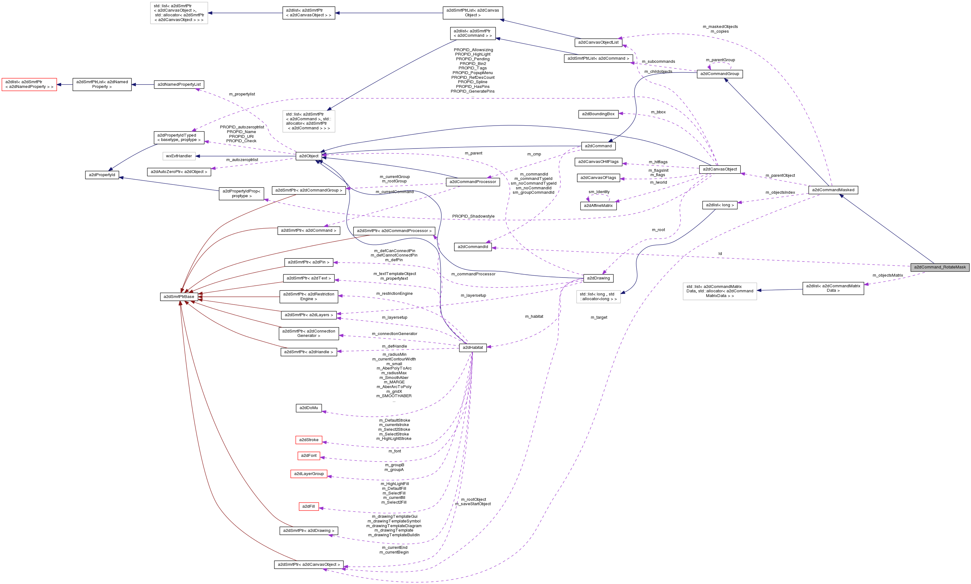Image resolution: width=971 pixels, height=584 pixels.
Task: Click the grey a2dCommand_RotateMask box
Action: pyautogui.click(x=940, y=267)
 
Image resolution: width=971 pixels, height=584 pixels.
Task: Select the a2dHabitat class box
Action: pyautogui.click(x=472, y=348)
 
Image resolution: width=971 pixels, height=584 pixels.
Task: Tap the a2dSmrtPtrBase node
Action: pyautogui.click(x=179, y=297)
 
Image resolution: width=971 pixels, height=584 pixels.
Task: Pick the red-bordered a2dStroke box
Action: pyautogui.click(x=309, y=440)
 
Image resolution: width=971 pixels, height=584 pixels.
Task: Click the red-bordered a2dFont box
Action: pyautogui.click(x=309, y=456)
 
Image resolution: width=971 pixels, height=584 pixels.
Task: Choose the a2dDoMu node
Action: pyautogui.click(x=309, y=408)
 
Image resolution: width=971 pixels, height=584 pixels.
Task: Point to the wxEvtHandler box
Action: pyautogui.click(x=179, y=156)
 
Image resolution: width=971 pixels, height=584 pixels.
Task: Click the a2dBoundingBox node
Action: pyautogui.click(x=598, y=114)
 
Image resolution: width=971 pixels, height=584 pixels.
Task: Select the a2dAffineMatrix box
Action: pyautogui.click(x=598, y=206)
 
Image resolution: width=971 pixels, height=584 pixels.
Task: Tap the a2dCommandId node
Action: pyautogui.click(x=472, y=247)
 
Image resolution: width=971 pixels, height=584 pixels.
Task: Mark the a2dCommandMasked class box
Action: pyautogui.click(x=833, y=190)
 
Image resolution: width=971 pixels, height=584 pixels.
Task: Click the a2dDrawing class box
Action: pyautogui.click(x=598, y=278)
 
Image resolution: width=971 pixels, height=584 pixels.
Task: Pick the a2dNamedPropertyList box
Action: pyautogui.click(x=179, y=84)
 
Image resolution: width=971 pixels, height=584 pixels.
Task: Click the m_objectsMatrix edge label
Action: pyautogui.click(x=887, y=275)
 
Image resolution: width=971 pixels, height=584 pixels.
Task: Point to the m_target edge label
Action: pyautogui.click(x=598, y=317)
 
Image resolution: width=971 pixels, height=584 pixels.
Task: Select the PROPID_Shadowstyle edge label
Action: pyautogui.click(x=473, y=216)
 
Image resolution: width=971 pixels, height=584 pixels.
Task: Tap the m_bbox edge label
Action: pyautogui.click(x=658, y=112)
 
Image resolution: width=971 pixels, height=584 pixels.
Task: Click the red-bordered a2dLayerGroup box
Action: pyautogui.click(x=309, y=474)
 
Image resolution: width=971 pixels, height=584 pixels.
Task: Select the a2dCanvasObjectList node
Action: pyautogui.click(x=598, y=42)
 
